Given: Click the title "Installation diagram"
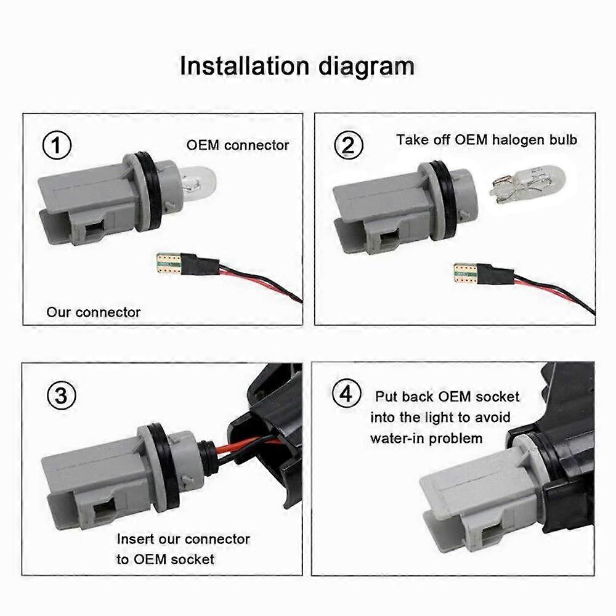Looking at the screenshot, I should [297, 66].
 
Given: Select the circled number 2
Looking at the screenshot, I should [348, 146].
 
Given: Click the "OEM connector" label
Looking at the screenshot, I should [238, 145].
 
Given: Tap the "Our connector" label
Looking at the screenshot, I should [94, 312].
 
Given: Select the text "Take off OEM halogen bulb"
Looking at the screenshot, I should [487, 140].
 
